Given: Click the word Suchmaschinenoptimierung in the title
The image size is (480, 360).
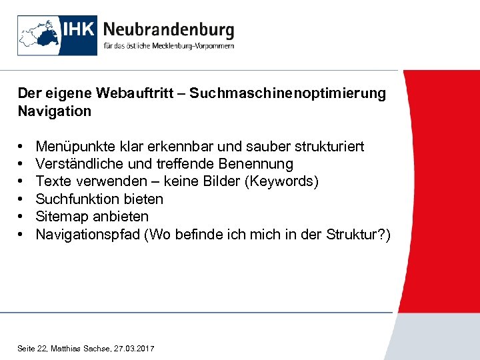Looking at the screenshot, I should tap(287, 93).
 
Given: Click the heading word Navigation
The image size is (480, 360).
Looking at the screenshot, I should tap(55, 111).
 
